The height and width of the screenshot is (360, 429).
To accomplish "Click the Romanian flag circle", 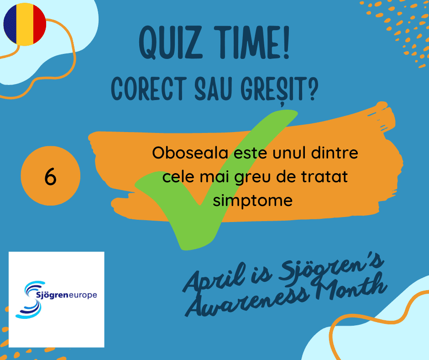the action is pyautogui.click(x=25, y=24).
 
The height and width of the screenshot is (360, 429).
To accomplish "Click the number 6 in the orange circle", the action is pyautogui.click(x=50, y=177).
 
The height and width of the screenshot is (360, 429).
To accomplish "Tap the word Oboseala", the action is pyautogui.click(x=190, y=153).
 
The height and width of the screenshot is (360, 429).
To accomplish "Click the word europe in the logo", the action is pyautogui.click(x=83, y=295).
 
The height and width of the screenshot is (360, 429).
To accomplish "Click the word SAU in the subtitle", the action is pyautogui.click(x=213, y=89).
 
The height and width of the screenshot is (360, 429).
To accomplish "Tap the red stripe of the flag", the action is pyautogui.click(x=40, y=24).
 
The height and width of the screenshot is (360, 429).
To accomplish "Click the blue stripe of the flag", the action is pyautogui.click(x=10, y=24).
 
